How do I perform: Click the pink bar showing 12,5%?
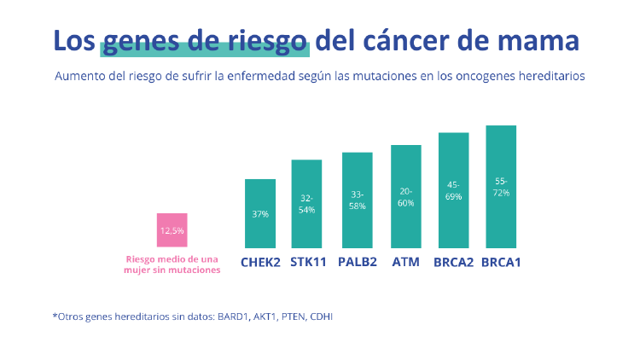(x=172, y=230)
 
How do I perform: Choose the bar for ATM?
(x=405, y=196)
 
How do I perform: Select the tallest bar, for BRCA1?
(x=501, y=187)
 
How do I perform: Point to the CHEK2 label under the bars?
(x=260, y=262)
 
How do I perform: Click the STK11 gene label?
(x=308, y=262)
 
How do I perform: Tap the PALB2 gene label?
(x=358, y=262)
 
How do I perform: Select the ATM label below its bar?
(x=405, y=262)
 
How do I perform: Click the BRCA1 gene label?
(x=501, y=262)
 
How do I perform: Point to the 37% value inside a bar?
(x=260, y=214)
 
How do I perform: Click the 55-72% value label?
(x=501, y=187)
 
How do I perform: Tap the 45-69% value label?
(x=453, y=191)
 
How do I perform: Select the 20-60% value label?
(x=405, y=197)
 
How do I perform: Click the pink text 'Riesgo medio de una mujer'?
(x=172, y=264)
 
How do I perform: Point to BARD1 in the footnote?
(x=229, y=316)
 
